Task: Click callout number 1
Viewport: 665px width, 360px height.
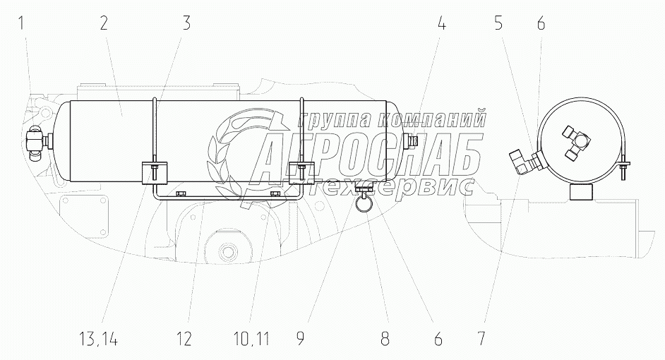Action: coord(20,23)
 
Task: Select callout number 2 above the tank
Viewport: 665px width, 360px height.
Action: coord(104,23)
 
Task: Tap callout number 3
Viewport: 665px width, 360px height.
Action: coord(186,23)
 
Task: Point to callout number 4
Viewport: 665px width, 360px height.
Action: coord(441,23)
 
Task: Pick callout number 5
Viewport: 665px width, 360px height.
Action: coord(498,23)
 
